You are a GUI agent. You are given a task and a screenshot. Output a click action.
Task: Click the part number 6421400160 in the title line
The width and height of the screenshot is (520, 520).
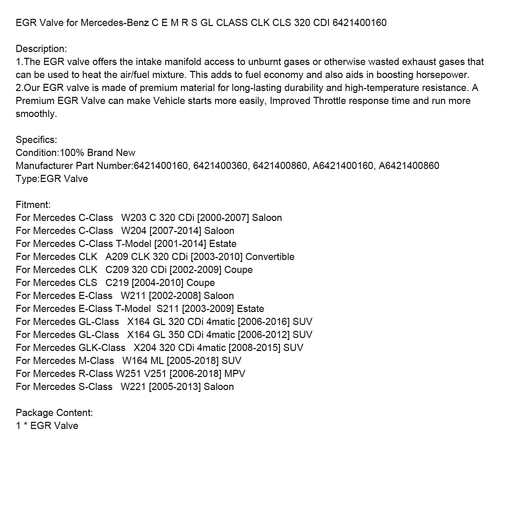pyautogui.click(x=359, y=23)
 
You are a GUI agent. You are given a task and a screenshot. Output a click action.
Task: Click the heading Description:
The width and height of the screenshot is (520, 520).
pyautogui.click(x=41, y=49)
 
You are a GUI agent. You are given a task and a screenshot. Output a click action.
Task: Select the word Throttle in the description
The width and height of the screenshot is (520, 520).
pyautogui.click(x=330, y=101)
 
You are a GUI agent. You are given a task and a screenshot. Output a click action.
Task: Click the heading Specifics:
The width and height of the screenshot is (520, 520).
pyautogui.click(x=36, y=140)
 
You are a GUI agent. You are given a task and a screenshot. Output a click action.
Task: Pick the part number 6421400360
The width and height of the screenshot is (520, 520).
pyautogui.click(x=220, y=166)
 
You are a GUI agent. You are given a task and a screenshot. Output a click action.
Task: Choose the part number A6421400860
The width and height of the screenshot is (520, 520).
pyautogui.click(x=409, y=166)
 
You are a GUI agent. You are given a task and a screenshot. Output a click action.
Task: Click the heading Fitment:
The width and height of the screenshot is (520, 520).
pyautogui.click(x=33, y=205)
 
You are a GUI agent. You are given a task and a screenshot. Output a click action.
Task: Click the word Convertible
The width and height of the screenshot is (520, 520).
pyautogui.click(x=270, y=257)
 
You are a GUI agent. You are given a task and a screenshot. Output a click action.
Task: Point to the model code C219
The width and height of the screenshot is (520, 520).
pyautogui.click(x=117, y=283)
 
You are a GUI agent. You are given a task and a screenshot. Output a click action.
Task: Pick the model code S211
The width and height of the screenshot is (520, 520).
pyautogui.click(x=168, y=309)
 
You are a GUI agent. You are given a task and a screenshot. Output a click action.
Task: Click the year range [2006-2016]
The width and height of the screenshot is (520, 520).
pyautogui.click(x=264, y=322)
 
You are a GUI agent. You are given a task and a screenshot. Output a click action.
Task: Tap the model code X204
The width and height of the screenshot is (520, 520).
pyautogui.click(x=145, y=348)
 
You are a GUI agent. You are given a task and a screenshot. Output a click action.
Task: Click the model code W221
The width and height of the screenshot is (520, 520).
pyautogui.click(x=133, y=387)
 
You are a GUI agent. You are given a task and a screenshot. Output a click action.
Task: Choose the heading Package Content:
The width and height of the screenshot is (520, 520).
pyautogui.click(x=54, y=413)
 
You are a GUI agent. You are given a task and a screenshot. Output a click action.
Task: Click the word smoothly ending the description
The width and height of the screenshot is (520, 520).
pyautogui.click(x=36, y=114)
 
